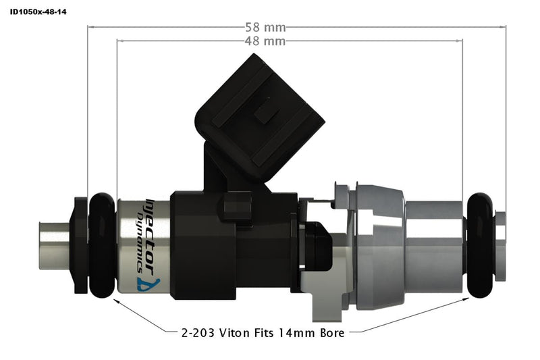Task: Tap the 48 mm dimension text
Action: (265, 41)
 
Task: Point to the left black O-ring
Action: (102, 245)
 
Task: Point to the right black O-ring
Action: (480, 245)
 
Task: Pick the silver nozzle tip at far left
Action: (54, 245)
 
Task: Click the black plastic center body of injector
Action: (202, 245)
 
